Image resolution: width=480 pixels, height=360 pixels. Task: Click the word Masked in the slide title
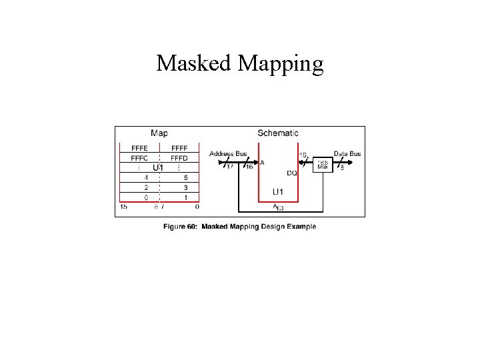click(194, 63)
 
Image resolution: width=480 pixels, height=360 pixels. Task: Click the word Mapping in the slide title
click(281, 64)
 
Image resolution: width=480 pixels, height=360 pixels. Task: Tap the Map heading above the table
click(159, 133)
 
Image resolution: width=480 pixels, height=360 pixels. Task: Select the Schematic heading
click(278, 133)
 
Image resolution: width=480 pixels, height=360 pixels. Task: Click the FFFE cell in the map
click(140, 148)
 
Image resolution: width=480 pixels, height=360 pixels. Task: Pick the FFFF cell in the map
click(179, 148)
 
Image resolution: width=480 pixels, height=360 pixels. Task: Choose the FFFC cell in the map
click(140, 158)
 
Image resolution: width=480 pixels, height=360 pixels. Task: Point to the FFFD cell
click(179, 158)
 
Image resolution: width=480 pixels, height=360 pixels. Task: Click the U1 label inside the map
click(159, 167)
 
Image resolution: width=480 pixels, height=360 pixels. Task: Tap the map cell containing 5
click(185, 178)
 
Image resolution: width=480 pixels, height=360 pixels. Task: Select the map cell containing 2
click(146, 188)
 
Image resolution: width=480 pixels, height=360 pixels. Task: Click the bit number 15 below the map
click(124, 207)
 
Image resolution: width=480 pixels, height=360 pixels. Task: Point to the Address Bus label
click(228, 153)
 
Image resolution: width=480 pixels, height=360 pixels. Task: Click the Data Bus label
click(347, 153)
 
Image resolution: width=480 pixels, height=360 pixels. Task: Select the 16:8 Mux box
click(323, 163)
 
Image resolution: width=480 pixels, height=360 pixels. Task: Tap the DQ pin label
click(292, 173)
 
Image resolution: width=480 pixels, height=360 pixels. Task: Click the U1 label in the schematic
click(278, 192)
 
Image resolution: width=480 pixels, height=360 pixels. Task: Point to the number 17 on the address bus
click(230, 167)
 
